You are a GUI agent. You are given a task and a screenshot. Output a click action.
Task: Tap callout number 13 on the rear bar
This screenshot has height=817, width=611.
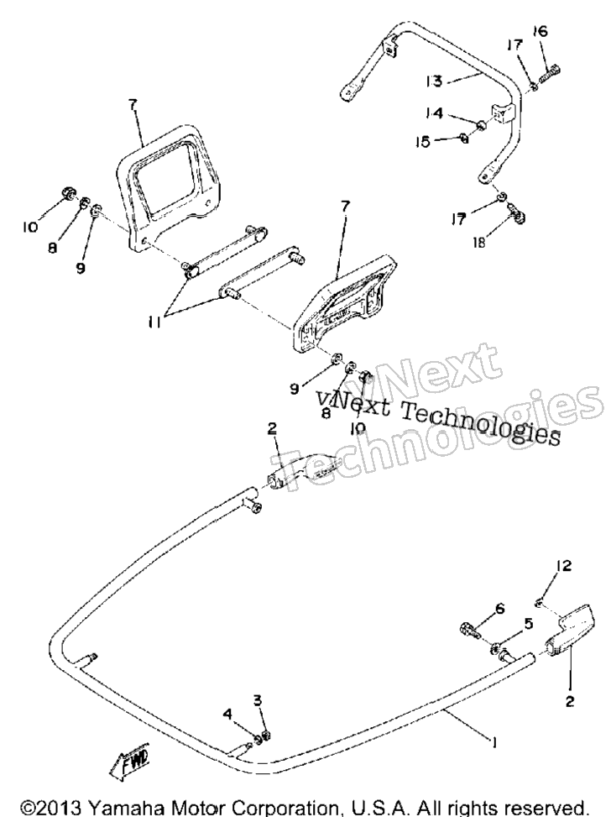click(x=433, y=81)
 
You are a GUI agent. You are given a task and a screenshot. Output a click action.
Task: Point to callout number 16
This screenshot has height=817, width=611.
click(x=540, y=31)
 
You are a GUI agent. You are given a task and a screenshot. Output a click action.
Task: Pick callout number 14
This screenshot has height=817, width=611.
click(x=433, y=113)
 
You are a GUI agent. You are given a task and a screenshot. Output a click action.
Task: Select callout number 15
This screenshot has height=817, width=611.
click(x=424, y=141)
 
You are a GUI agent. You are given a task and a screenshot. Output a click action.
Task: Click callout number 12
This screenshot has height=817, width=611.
click(x=564, y=566)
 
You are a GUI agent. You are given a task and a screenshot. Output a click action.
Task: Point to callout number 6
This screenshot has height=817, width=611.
click(x=499, y=608)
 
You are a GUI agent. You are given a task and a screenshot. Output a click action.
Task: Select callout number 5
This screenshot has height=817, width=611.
click(x=528, y=623)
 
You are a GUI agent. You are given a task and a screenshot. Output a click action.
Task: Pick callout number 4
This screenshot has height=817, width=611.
click(x=227, y=714)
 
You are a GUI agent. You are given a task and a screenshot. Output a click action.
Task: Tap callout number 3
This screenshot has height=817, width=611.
click(x=258, y=699)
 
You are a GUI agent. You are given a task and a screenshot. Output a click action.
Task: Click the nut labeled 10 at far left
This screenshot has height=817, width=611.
click(x=68, y=193)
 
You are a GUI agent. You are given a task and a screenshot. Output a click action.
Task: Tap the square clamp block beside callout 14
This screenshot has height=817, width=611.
click(x=502, y=114)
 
